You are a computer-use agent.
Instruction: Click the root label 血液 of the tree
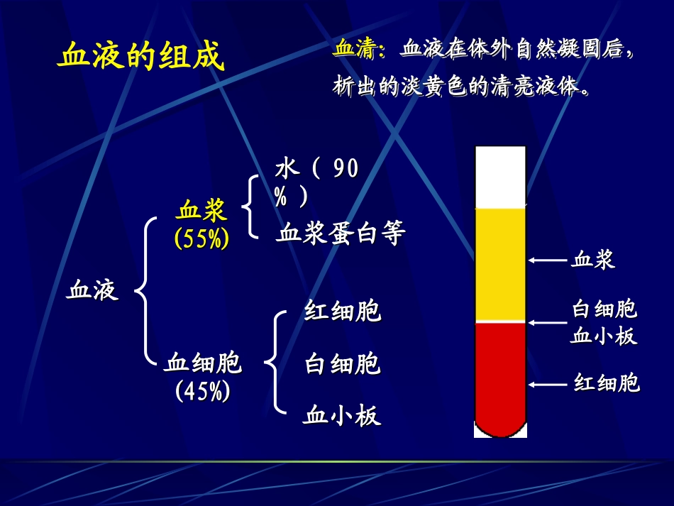pos(92,290)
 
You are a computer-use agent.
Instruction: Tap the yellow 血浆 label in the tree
pos(202,211)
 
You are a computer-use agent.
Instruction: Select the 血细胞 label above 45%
pos(203,363)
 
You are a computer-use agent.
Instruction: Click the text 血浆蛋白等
pos(340,234)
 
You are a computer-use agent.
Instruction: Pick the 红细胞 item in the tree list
pos(343,312)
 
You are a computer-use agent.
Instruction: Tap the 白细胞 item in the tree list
pos(343,364)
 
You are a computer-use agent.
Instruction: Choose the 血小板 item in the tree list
pos(342,415)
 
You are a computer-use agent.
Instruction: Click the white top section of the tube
pos(500,177)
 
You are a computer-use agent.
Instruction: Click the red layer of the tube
pos(500,376)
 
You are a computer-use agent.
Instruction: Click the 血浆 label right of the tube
pos(593,260)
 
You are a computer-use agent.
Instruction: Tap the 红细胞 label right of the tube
pos(607,384)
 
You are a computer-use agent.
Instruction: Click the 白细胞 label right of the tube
pos(604,310)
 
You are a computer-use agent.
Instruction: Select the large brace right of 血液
pos(145,291)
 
